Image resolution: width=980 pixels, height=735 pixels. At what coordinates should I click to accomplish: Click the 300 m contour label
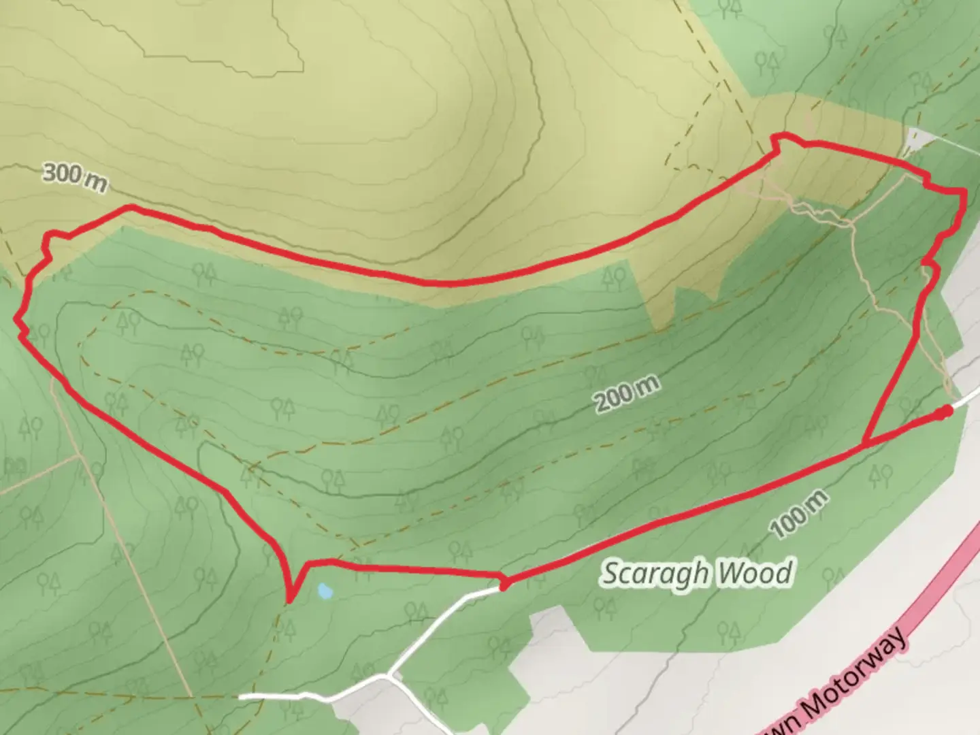click(75, 177)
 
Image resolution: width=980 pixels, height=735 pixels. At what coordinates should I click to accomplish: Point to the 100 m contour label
click(800, 514)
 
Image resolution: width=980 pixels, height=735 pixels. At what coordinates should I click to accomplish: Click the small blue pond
click(325, 591)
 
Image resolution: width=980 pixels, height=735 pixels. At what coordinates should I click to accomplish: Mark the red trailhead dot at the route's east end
click(945, 412)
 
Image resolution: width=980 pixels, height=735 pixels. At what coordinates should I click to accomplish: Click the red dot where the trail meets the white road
click(504, 584)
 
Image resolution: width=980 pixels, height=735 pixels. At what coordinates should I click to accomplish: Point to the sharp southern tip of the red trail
click(290, 601)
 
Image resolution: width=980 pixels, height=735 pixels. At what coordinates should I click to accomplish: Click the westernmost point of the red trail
click(17, 318)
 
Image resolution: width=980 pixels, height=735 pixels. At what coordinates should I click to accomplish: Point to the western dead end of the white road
click(241, 696)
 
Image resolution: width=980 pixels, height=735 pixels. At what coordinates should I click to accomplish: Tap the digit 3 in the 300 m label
click(50, 172)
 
